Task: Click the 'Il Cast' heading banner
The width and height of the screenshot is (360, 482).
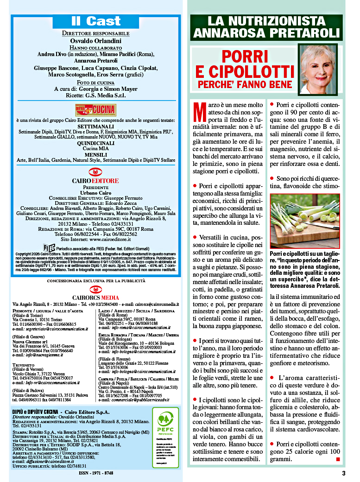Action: click(96, 21)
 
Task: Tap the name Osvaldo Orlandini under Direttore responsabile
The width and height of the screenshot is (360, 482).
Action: click(96, 41)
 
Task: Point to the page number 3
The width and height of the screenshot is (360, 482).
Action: click(343, 473)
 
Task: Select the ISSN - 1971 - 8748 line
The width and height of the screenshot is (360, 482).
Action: click(96, 473)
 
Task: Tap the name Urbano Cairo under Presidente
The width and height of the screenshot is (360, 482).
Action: click(96, 192)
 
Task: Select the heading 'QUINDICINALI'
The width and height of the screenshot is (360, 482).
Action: click(96, 143)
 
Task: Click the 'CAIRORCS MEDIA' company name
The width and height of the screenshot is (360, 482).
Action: click(95, 297)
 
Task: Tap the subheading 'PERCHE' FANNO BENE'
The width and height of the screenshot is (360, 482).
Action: click(246, 85)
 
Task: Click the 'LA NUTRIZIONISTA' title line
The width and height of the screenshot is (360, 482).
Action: click(266, 21)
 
